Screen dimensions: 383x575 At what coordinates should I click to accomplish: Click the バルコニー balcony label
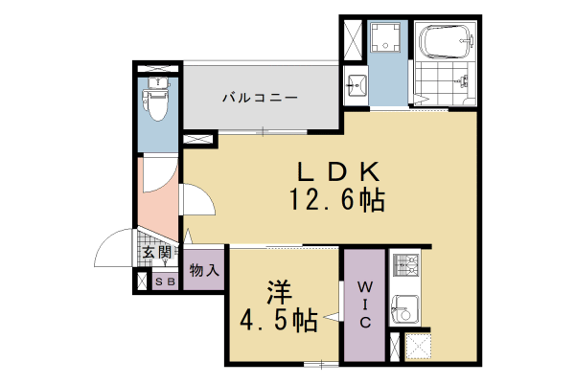[260, 98]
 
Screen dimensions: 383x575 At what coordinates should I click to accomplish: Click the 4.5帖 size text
[278, 321]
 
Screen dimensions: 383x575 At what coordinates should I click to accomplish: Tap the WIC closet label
[365, 304]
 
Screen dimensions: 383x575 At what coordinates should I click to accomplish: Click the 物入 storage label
[204, 270]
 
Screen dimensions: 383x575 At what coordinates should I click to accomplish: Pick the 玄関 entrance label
[158, 253]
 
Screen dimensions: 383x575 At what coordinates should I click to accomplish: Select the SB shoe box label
[164, 282]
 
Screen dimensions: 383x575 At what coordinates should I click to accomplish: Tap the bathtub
[446, 44]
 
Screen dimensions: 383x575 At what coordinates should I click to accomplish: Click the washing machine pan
[388, 40]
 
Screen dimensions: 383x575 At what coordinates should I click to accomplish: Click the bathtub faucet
[469, 41]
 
